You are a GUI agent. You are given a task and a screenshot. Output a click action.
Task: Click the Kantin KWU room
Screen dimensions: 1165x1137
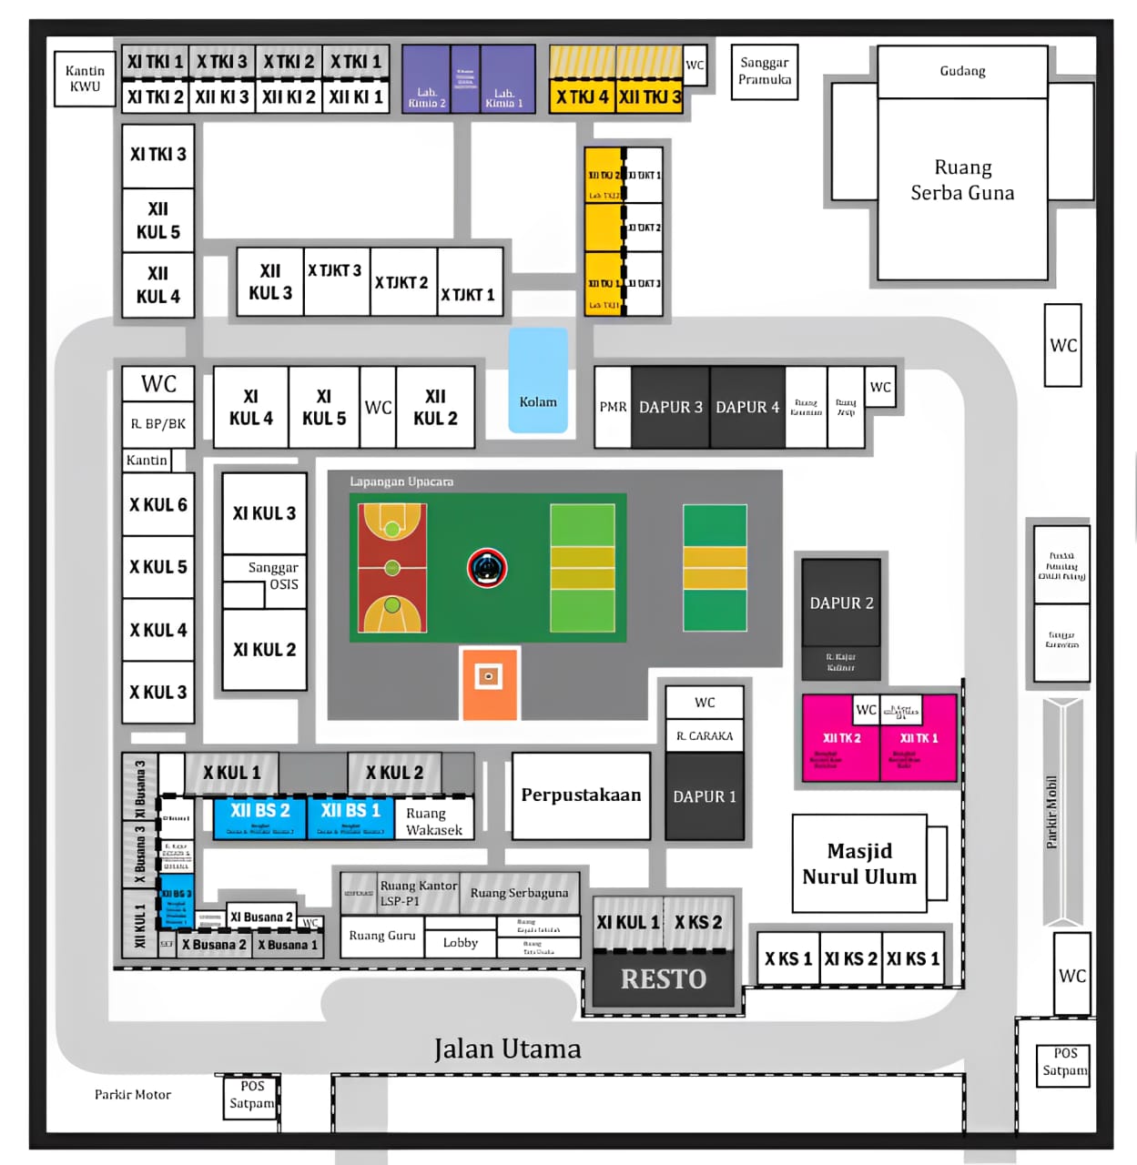85,79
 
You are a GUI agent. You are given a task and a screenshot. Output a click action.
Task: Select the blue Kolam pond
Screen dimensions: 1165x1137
538,381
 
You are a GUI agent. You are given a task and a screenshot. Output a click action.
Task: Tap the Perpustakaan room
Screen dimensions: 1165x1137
581,795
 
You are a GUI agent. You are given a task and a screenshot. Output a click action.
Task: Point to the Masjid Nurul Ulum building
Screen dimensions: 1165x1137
859,864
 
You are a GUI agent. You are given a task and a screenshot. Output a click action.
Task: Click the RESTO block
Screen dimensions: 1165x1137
664,979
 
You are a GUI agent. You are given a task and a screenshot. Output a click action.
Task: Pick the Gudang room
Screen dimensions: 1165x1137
962,71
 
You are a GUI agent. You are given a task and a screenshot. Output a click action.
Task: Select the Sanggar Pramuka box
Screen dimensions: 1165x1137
765,71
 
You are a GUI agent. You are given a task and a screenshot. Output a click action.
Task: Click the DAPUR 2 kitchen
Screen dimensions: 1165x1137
841,603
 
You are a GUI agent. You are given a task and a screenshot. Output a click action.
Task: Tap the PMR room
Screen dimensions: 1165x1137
613,407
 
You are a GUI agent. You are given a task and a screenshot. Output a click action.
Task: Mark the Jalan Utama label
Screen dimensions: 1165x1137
507,1049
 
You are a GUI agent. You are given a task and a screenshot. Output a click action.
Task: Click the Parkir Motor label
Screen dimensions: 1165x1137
133,1095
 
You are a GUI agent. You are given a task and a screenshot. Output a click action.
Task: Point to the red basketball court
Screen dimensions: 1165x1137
392,568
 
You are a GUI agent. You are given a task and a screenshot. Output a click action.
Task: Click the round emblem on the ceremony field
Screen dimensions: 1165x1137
487,568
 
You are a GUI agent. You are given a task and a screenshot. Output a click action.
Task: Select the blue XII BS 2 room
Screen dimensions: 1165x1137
260,816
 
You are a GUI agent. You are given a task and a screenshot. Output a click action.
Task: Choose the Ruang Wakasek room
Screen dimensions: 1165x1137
434,821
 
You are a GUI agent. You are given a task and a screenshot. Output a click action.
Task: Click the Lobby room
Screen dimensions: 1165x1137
460,943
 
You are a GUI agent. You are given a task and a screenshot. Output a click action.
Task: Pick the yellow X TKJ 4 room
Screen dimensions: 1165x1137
582,96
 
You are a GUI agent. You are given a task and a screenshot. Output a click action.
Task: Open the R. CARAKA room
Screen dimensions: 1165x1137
705,735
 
